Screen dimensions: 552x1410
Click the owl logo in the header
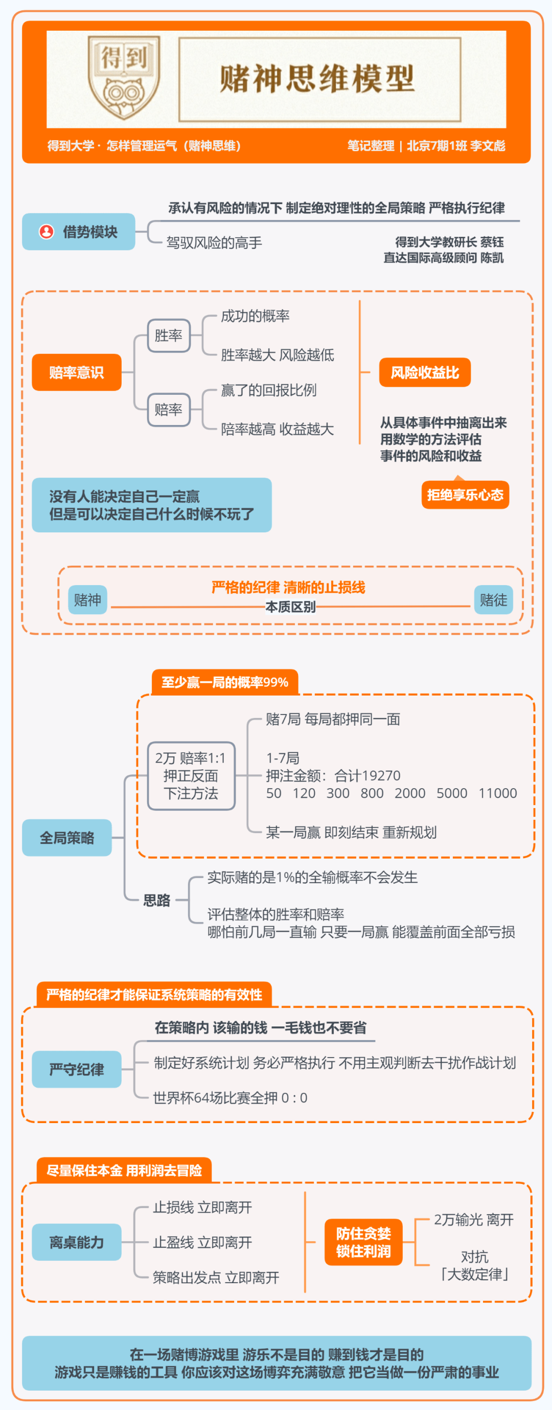[x=124, y=78]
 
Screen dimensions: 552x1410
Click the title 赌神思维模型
[x=317, y=79]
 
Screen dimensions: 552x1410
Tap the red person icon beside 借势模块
[x=47, y=232]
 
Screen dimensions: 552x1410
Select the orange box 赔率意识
[x=77, y=372]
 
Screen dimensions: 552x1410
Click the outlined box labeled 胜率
[x=169, y=335]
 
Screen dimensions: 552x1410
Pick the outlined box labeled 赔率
[x=169, y=410]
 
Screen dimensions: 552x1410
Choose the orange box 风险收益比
[x=425, y=372]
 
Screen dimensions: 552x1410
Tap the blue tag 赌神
[x=87, y=599]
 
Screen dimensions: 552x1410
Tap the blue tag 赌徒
[x=493, y=599]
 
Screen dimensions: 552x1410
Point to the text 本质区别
[x=290, y=607]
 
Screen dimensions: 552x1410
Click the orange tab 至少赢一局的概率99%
[x=225, y=682]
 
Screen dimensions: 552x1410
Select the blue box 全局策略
[x=67, y=838]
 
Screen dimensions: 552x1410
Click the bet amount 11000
[x=498, y=793]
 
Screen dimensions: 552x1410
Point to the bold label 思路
[x=157, y=900]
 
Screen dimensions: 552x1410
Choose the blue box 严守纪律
[x=77, y=1069]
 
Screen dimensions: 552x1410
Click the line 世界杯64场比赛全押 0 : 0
[x=231, y=1098]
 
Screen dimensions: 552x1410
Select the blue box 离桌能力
[x=77, y=1242]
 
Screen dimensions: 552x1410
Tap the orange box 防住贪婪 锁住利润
[x=364, y=1242]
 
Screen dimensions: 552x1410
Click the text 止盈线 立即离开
[x=202, y=1242]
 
